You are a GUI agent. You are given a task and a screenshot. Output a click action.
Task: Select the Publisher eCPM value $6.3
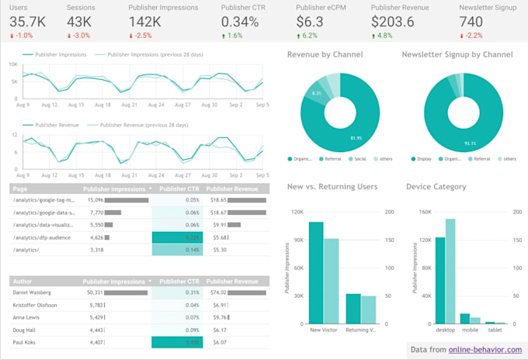coord(311,22)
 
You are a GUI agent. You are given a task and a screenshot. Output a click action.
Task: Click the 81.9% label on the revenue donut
coord(335,138)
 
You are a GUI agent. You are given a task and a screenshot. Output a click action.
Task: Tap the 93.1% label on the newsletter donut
coord(450,142)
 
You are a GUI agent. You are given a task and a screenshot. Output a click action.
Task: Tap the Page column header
coord(21,188)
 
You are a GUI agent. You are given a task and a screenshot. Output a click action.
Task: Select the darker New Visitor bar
coord(316,272)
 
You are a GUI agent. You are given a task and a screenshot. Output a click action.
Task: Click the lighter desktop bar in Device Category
coord(450,271)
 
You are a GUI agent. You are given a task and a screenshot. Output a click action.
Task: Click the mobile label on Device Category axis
coord(471,330)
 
